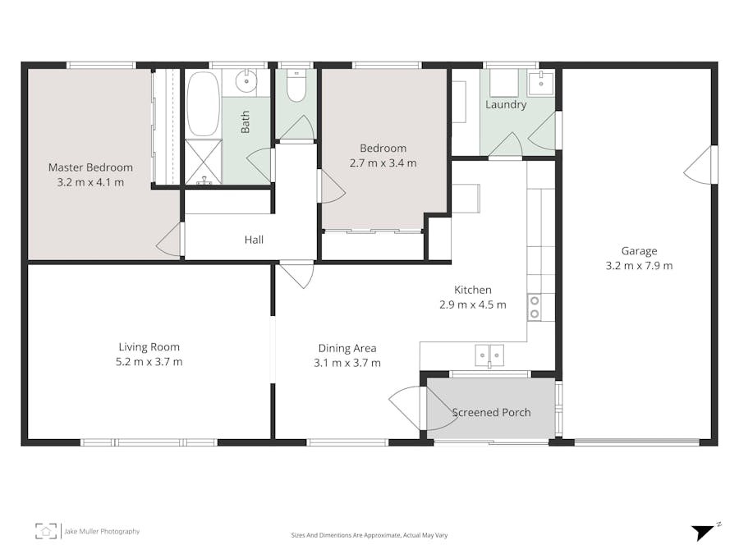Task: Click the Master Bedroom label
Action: [x=90, y=167]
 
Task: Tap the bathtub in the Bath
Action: [x=203, y=104]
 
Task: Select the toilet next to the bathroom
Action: [x=296, y=86]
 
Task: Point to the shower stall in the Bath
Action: [x=203, y=162]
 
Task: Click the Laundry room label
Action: [x=506, y=105]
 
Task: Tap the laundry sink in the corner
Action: [x=541, y=82]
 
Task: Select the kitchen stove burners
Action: [x=535, y=307]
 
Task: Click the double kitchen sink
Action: [x=489, y=355]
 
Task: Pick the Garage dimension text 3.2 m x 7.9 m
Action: [x=639, y=266]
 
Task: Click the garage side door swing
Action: [x=700, y=167]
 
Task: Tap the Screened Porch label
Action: [x=491, y=412]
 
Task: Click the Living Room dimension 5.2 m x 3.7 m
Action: [x=149, y=362]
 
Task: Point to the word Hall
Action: [x=254, y=240]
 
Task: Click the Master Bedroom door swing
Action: [x=170, y=240]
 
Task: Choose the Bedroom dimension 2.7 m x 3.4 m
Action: [x=383, y=163]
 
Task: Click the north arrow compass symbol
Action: [x=703, y=531]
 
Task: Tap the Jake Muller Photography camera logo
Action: [x=46, y=531]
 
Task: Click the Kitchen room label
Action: [x=473, y=290]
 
